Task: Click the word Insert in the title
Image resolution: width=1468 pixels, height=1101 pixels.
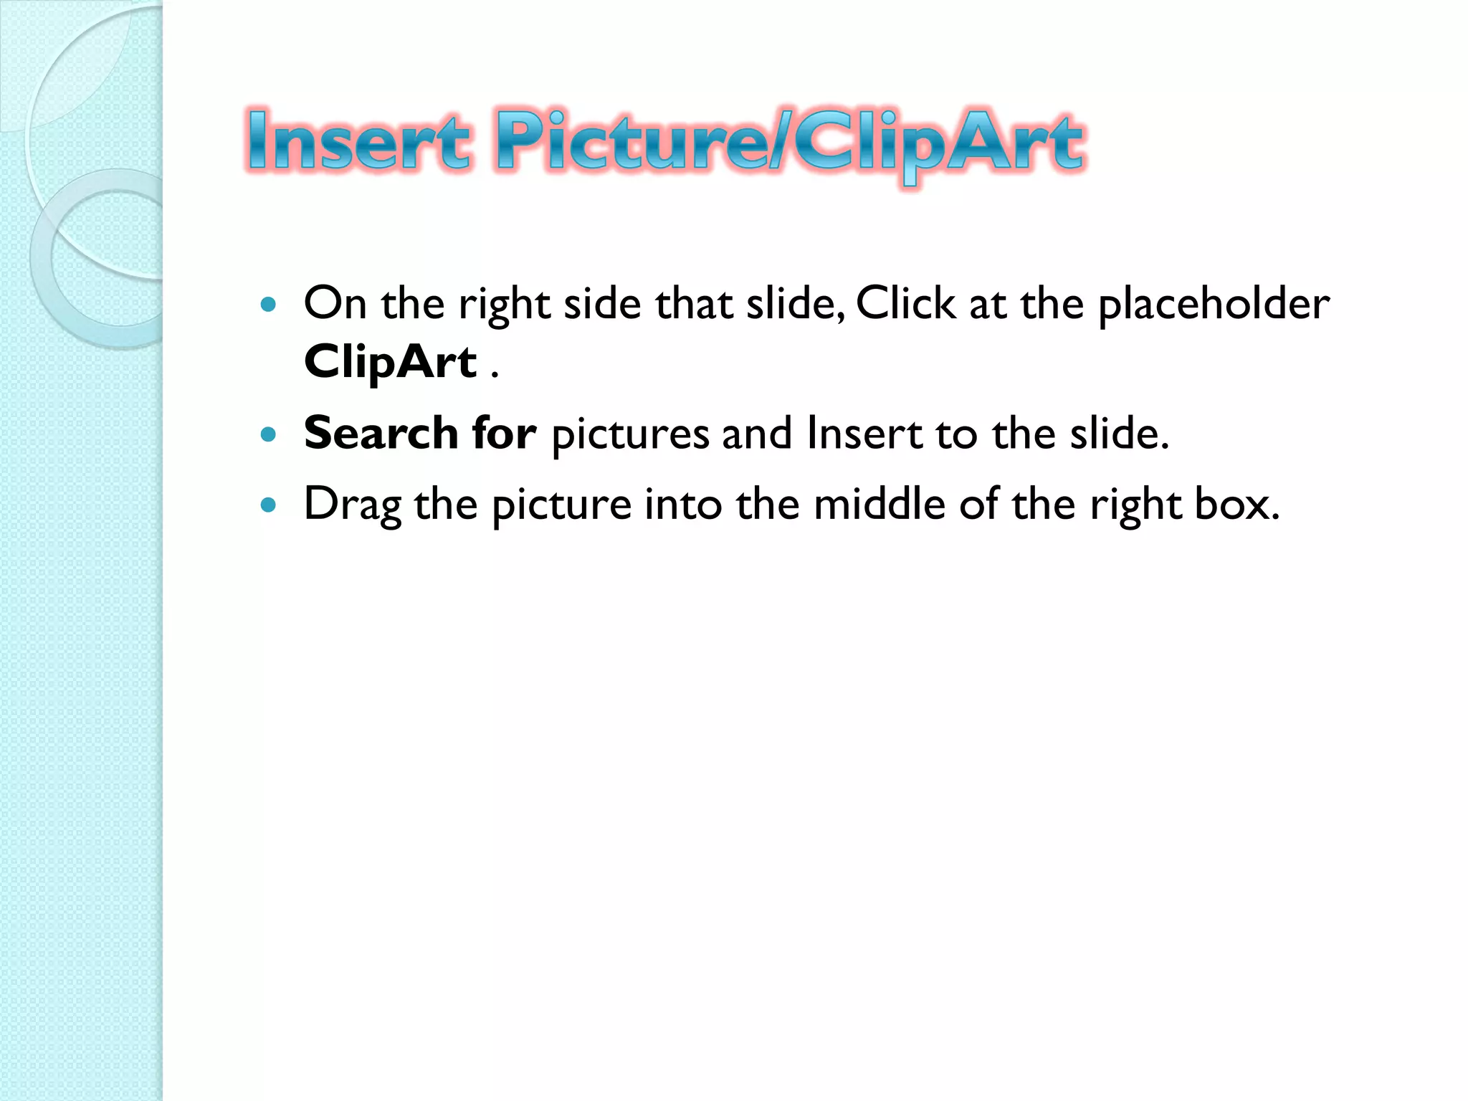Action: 359,142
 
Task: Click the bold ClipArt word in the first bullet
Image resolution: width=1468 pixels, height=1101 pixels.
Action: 390,361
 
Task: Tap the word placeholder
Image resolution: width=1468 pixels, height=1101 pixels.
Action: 1214,304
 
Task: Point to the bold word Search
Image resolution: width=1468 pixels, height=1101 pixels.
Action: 381,433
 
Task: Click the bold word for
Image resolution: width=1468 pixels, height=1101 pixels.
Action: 504,433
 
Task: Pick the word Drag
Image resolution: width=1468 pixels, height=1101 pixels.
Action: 352,505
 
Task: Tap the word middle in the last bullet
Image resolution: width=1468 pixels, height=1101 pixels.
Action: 880,503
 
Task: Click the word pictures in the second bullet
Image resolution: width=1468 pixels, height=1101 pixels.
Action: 630,434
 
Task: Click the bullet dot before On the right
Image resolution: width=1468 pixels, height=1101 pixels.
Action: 269,305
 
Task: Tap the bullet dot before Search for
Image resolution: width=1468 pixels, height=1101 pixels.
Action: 269,434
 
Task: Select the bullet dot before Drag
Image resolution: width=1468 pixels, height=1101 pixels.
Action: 269,505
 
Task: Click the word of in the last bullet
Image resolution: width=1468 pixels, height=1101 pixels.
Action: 979,503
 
